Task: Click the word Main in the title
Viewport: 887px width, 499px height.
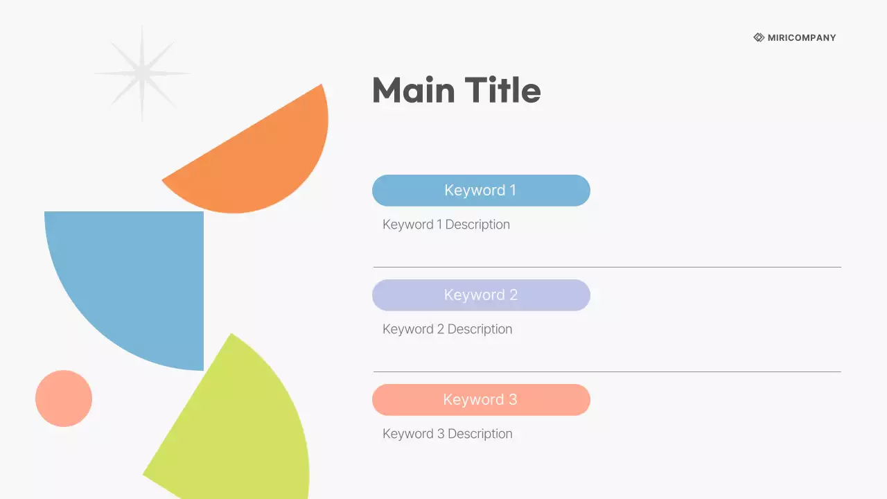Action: tap(414, 91)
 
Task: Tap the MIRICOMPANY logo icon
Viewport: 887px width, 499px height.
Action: tap(759, 37)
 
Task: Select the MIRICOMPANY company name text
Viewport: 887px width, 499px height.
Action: tap(802, 38)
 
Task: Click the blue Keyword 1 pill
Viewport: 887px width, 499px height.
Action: tap(481, 191)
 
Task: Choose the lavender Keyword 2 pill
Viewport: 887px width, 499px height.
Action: tap(481, 295)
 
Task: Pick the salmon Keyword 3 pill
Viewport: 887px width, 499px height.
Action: tap(481, 400)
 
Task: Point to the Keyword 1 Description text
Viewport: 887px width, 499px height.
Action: tap(446, 225)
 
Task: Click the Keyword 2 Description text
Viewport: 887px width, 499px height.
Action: tap(447, 329)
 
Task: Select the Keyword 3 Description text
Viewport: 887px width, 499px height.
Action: tap(447, 434)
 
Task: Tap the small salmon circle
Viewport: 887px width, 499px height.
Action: tap(64, 399)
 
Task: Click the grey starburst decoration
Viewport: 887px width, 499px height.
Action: tap(142, 73)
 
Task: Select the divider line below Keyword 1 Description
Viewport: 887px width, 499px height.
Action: tap(607, 267)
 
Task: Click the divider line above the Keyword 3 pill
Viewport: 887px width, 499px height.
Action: tap(607, 371)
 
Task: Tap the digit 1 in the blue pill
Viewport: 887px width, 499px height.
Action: tap(512, 191)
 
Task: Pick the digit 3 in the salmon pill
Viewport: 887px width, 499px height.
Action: tap(513, 400)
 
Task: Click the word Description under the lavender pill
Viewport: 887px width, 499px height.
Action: tap(480, 329)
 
